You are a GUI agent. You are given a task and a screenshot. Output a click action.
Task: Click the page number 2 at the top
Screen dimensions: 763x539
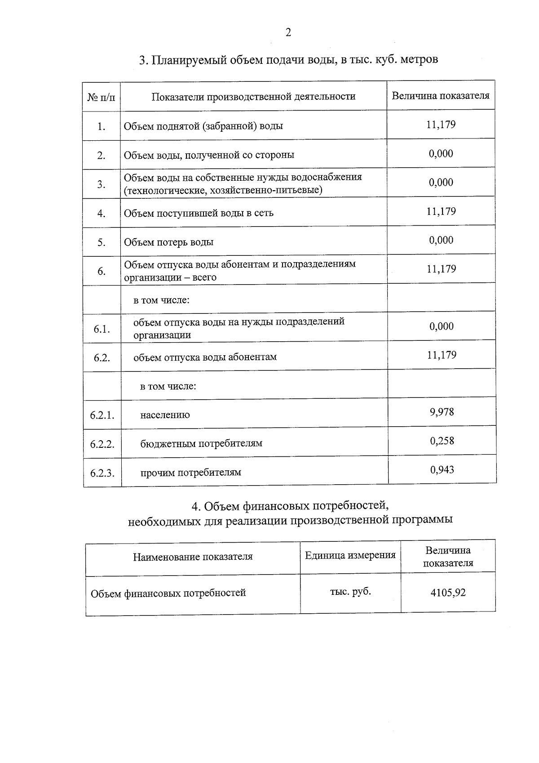tap(288, 32)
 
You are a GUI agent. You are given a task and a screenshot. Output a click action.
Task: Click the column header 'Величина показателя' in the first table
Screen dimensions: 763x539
tap(441, 96)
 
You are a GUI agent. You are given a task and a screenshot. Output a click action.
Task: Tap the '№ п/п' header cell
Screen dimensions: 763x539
tap(102, 97)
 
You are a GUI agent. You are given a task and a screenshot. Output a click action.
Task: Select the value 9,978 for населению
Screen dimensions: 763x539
tap(442, 412)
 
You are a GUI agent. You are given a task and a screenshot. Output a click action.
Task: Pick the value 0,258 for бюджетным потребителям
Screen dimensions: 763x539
tap(442, 441)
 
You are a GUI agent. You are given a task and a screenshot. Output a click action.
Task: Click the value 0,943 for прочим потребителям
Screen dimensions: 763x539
tap(442, 470)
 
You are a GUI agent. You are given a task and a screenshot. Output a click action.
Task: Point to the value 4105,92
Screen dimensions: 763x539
tap(448, 593)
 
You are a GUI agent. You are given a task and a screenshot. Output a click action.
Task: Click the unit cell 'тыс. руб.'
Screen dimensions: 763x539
tap(350, 592)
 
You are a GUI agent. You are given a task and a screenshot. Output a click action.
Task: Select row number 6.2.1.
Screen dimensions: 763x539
tap(102, 415)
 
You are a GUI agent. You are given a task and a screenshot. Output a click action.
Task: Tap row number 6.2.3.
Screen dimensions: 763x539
tap(102, 473)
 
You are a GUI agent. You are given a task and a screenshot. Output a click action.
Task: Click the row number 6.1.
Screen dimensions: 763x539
tap(102, 329)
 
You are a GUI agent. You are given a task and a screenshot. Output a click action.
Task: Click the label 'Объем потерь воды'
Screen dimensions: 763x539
tap(169, 242)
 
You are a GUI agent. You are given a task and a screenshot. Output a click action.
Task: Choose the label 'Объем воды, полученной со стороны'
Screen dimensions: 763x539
tap(209, 155)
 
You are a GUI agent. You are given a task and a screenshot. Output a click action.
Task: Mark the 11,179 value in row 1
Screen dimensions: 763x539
tap(441, 125)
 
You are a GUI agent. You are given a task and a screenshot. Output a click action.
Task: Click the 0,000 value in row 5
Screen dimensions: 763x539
tap(441, 240)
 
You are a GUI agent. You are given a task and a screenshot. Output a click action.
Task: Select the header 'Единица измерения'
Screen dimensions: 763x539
tap(350, 555)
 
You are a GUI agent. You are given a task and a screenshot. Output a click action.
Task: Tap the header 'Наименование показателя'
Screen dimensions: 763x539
tap(193, 557)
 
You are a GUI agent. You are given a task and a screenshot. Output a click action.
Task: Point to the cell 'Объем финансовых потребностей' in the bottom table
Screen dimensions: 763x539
tap(168, 593)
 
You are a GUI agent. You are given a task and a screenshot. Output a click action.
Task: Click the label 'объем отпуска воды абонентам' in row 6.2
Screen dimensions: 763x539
tap(205, 357)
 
